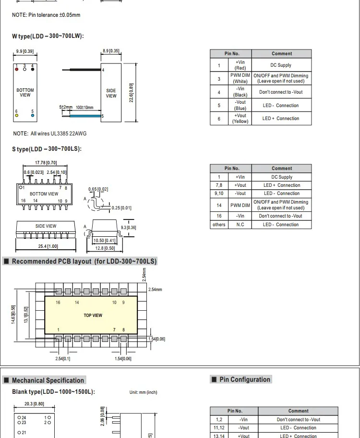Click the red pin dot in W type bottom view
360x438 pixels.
pos(17,69)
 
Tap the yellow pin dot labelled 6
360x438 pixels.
pos(17,115)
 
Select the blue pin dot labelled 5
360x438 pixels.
pos(33,115)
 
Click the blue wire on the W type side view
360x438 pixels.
pos(82,116)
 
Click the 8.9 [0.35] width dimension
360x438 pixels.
pos(111,50)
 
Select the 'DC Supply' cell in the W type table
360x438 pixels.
pos(281,65)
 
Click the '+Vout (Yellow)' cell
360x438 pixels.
pos(240,119)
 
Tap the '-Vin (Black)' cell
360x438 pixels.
pos(240,92)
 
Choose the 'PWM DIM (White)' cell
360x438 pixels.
pos(240,78)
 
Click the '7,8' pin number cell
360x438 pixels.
pos(219,185)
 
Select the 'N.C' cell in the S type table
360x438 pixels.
pos(240,224)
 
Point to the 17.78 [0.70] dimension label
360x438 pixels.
pos(46,163)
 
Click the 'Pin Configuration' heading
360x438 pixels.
pos(245,379)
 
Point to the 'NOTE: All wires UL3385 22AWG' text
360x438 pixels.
pos(50,134)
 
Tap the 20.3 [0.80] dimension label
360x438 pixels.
pos(34,404)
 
